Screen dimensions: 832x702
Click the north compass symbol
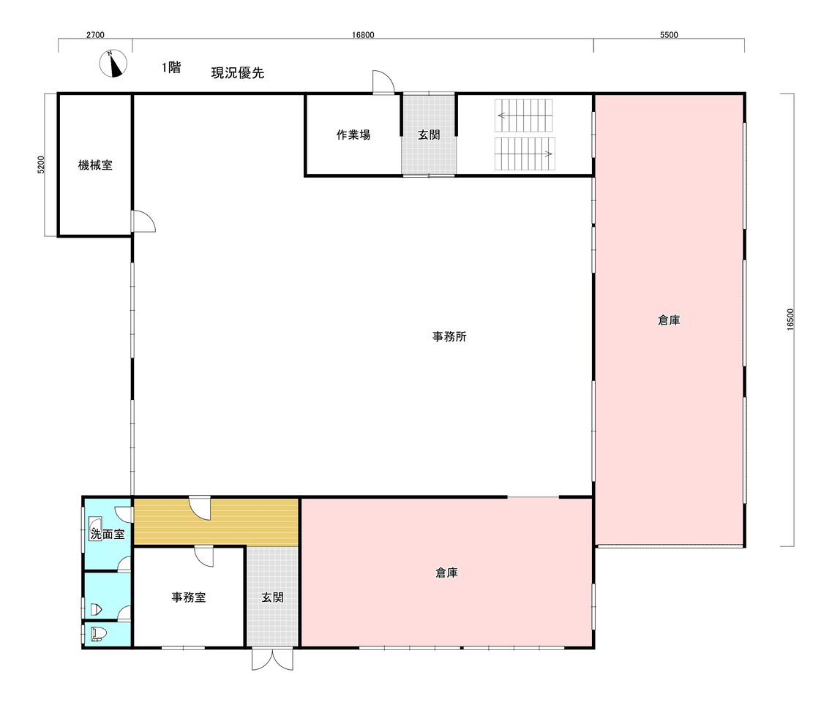[113, 64]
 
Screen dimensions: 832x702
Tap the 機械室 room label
[96, 165]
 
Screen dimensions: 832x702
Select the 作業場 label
[353, 135]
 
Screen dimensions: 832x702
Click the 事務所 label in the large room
[449, 336]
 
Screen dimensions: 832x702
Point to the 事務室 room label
[188, 597]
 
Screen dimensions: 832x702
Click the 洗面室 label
[108, 534]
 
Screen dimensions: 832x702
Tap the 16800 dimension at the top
[363, 35]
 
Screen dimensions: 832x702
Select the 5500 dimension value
[669, 35]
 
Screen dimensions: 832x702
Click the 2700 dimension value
[95, 35]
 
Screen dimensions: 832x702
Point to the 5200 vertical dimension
[42, 165]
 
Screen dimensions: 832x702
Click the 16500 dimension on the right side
[790, 320]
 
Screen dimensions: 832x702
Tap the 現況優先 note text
[238, 72]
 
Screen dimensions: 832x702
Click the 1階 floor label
[171, 67]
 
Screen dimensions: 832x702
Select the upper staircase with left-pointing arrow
[524, 115]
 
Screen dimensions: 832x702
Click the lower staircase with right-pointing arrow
[525, 154]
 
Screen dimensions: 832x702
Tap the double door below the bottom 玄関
[272, 659]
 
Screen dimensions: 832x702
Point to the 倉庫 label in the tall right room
[669, 320]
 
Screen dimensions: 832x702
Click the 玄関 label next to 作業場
[429, 135]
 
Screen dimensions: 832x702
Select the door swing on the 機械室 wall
[144, 222]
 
